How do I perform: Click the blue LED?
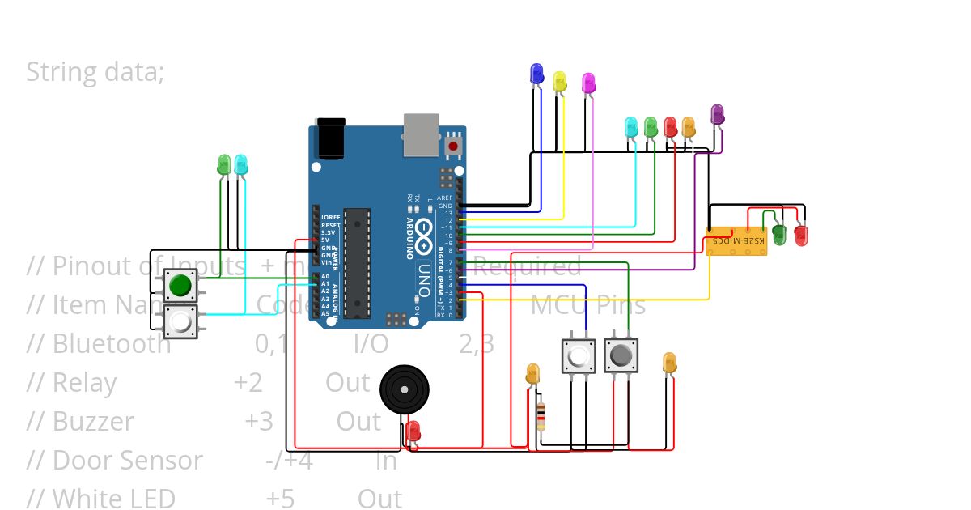(x=536, y=74)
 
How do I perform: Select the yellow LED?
(x=559, y=81)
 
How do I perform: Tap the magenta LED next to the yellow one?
(x=588, y=83)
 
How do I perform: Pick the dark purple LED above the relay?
(x=717, y=114)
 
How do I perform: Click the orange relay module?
(x=736, y=241)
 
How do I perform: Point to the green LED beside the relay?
(x=779, y=234)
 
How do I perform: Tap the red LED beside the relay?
(x=801, y=235)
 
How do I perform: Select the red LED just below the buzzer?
(x=413, y=431)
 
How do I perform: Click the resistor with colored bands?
(x=541, y=416)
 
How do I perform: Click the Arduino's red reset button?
(x=453, y=146)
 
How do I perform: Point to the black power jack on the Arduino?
(x=330, y=138)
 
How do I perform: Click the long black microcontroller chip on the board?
(x=357, y=262)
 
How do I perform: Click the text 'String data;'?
(x=95, y=71)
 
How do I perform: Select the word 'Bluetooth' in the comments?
(x=112, y=344)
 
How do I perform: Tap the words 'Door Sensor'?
(x=128, y=460)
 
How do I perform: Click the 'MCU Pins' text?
(x=588, y=305)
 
